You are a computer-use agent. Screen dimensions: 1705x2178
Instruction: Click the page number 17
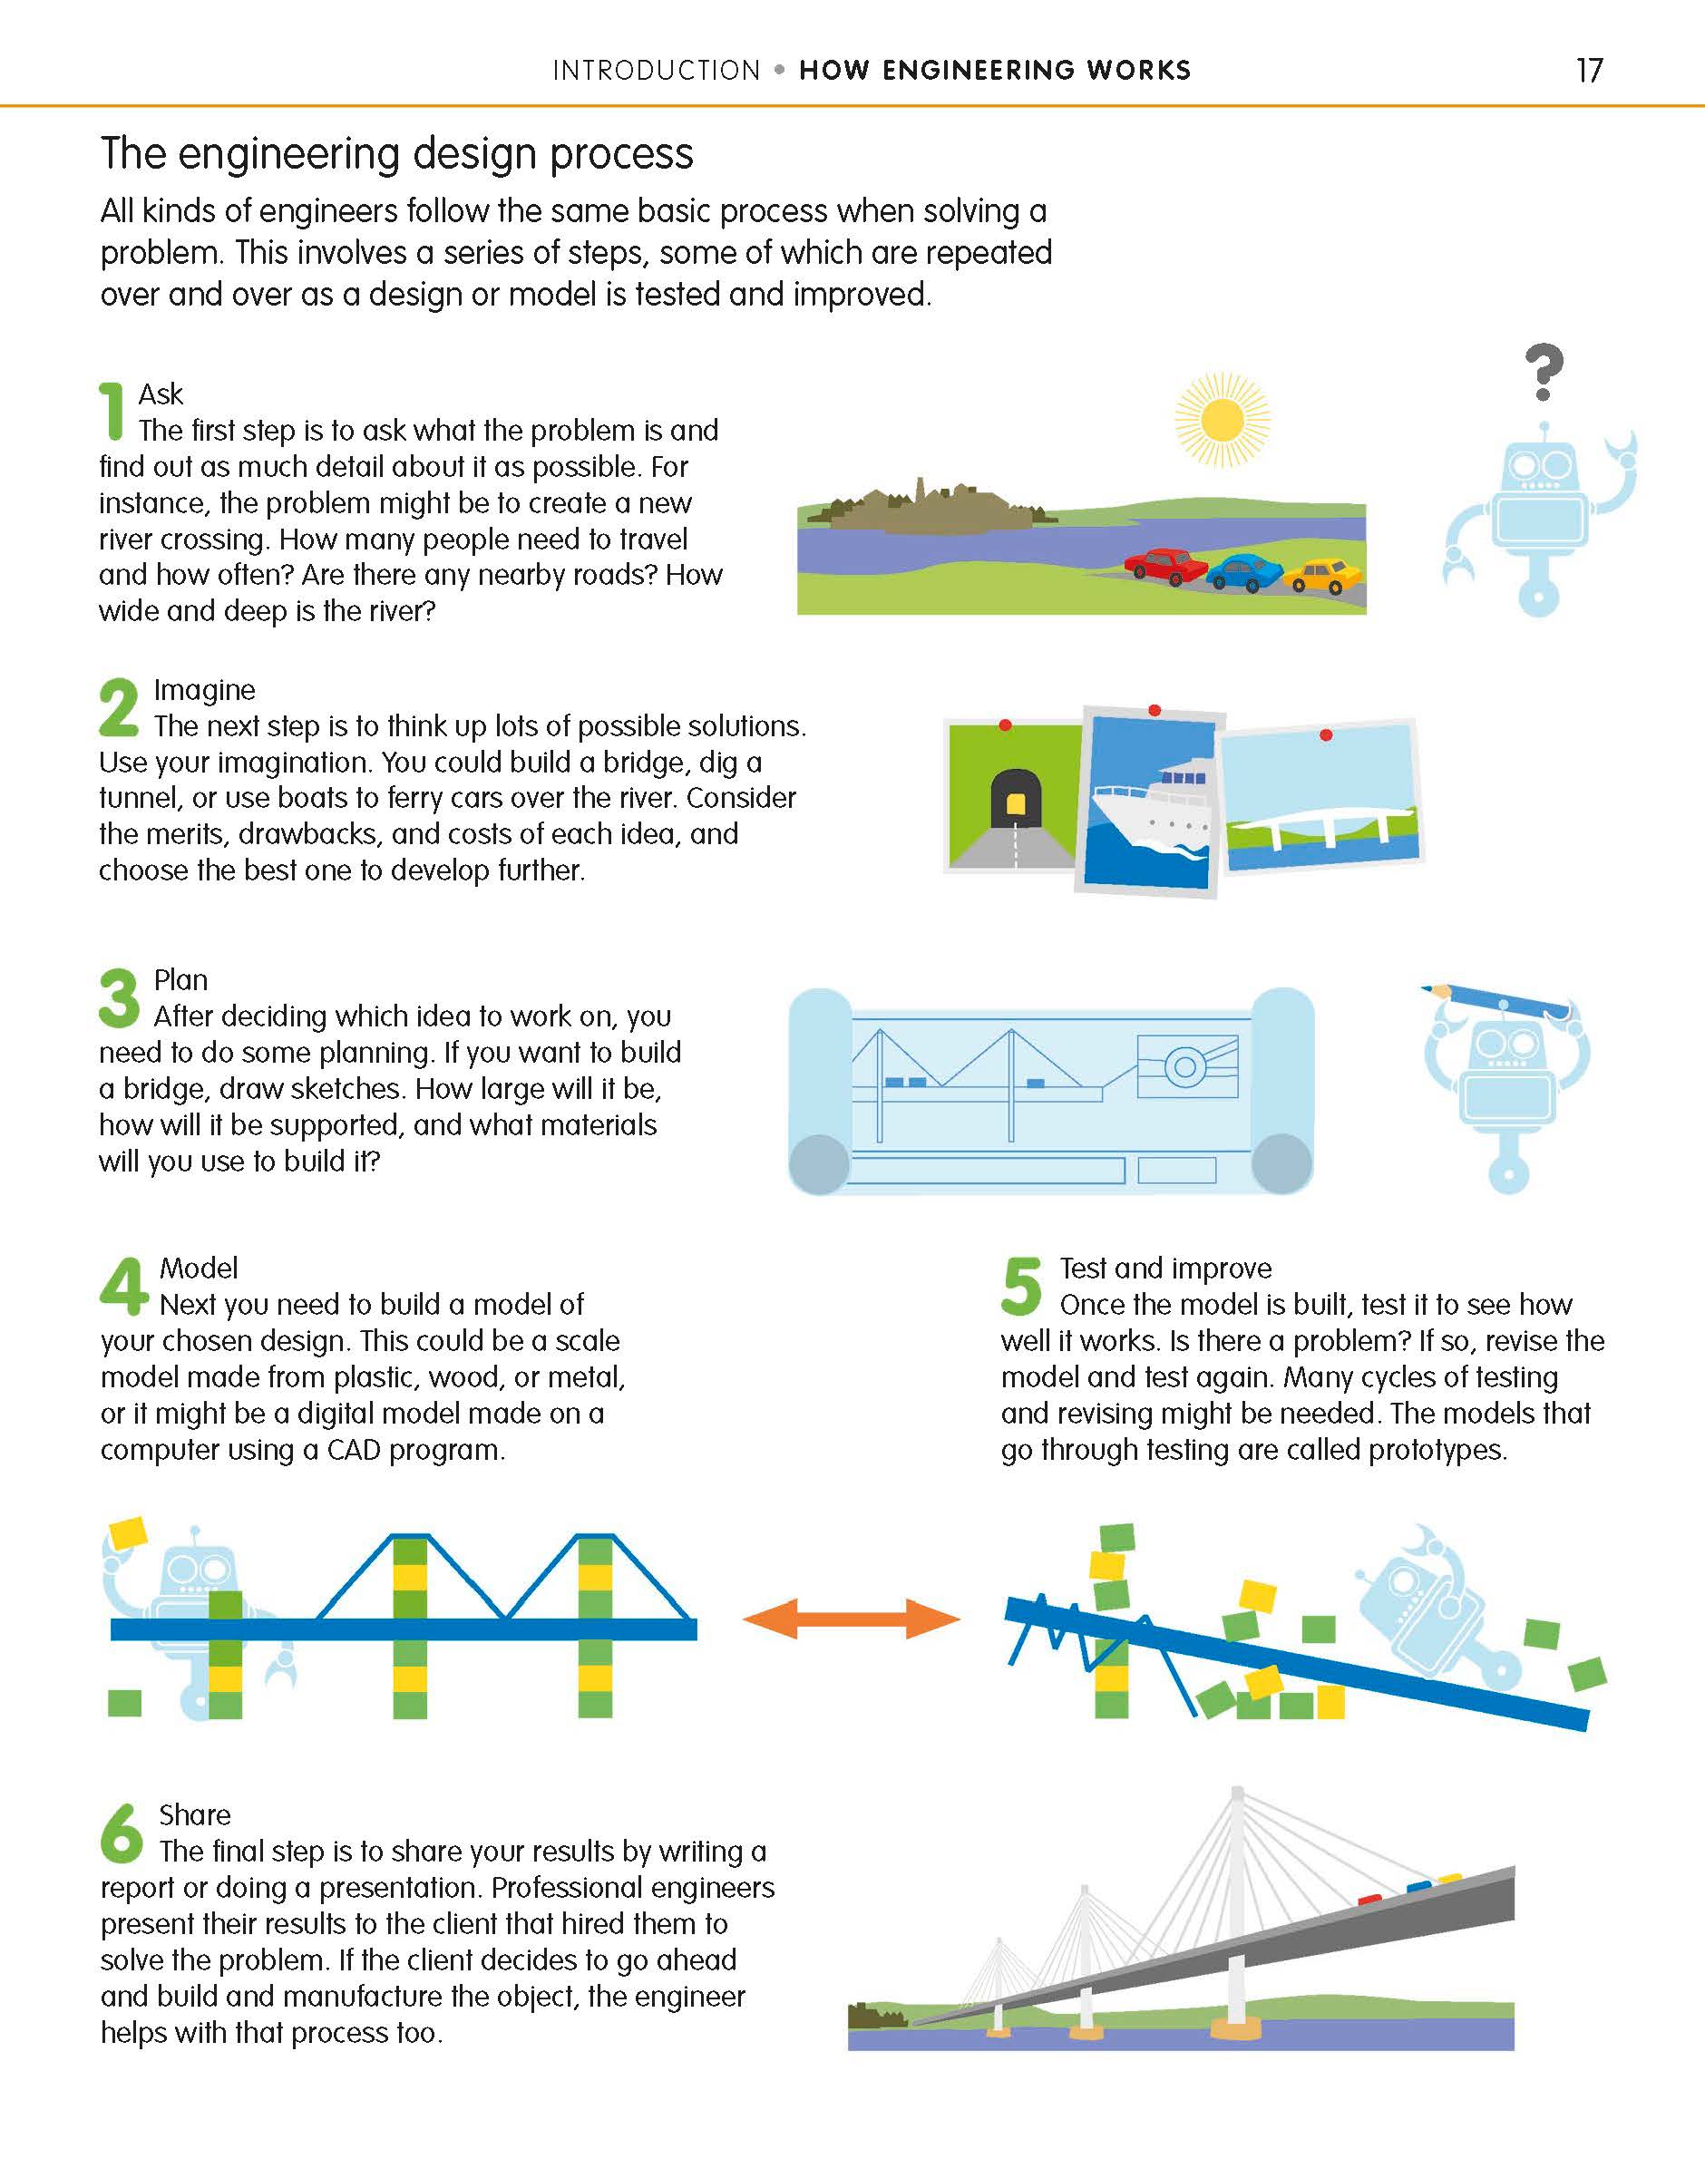pyautogui.click(x=1589, y=70)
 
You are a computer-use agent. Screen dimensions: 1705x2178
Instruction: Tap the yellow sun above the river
pyautogui.click(x=1222, y=419)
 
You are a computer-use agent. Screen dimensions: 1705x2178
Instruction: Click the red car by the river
pyautogui.click(x=1166, y=567)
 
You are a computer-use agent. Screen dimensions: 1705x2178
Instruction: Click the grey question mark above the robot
pyautogui.click(x=1544, y=372)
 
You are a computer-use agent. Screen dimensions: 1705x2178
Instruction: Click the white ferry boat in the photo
pyautogui.click(x=1152, y=810)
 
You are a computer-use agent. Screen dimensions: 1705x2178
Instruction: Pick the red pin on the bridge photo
pyautogui.click(x=1326, y=734)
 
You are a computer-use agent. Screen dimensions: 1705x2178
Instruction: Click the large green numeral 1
pyautogui.click(x=112, y=410)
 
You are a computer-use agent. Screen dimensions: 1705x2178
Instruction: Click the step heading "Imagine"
pyautogui.click(x=205, y=690)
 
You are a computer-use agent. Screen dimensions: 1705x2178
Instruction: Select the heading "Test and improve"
pyautogui.click(x=1166, y=1268)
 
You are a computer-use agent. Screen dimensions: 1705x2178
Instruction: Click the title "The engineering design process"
pyautogui.click(x=397, y=154)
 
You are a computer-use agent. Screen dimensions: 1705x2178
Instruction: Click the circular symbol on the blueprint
pyautogui.click(x=1185, y=1067)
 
